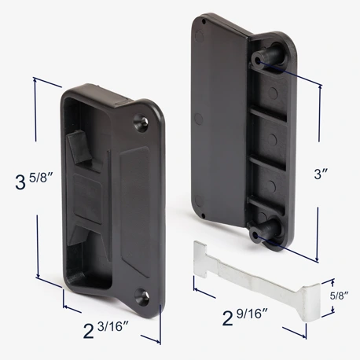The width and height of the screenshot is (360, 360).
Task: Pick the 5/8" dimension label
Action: (x=339, y=296)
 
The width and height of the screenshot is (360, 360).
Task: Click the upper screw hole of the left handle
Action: (x=142, y=123)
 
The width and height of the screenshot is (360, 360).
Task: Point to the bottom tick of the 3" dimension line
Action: (x=317, y=261)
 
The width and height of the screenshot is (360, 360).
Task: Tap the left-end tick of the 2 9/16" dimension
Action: (x=195, y=290)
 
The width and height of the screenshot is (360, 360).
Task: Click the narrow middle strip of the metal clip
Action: (x=252, y=279)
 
